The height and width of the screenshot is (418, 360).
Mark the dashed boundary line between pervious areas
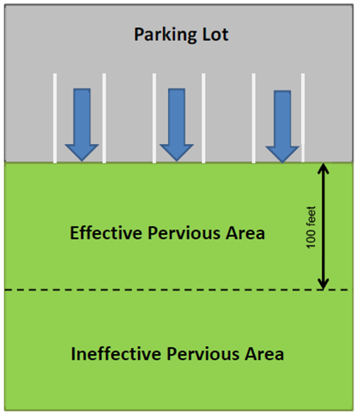click(x=166, y=290)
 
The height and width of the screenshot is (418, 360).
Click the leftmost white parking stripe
click(x=54, y=118)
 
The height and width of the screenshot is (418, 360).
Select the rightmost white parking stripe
click(x=302, y=118)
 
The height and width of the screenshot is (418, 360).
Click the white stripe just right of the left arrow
click(x=104, y=118)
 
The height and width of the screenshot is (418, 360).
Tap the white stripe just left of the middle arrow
click(x=154, y=118)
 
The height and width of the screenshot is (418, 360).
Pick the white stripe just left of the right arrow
click(x=253, y=118)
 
